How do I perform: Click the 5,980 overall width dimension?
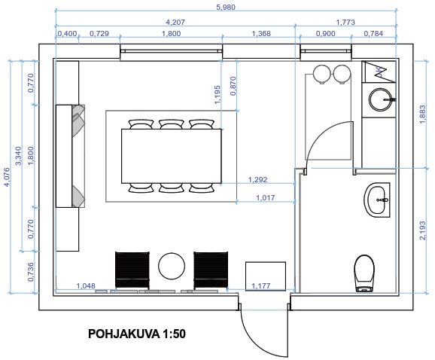pos(226,7)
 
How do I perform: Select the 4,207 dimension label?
pos(175,22)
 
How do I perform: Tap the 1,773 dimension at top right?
pos(345,22)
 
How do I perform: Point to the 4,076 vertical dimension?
pos(6,177)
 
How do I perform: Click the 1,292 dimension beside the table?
pos(257,179)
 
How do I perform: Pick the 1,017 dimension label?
pos(266,197)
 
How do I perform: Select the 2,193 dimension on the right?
pos(422,230)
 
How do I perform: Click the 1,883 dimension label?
pos(422,114)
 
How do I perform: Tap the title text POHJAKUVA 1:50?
pos(137,334)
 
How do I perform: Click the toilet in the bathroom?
pos(364,273)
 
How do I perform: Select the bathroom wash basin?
pos(377,200)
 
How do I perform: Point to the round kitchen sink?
pos(382,99)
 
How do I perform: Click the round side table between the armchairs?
pos(172,266)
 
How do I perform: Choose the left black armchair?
pos(132,270)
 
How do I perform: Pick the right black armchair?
pos(211,270)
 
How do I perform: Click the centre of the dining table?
pos(172,156)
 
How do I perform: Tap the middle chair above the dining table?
pos(171,124)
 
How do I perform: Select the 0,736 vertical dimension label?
pos(31,272)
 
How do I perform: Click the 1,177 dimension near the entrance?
pos(261,285)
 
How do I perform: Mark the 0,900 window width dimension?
pos(326,34)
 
